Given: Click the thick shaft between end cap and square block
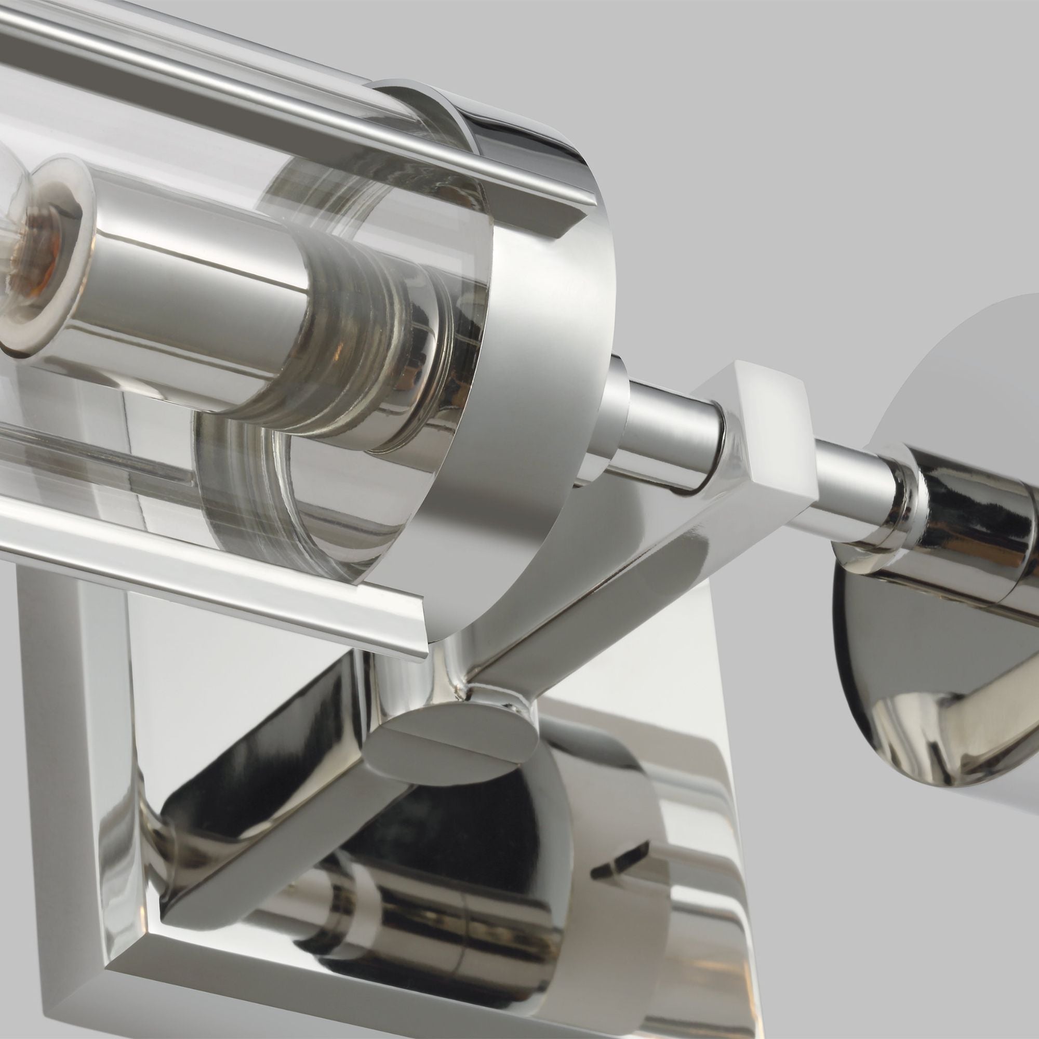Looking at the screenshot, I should click(667, 430).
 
